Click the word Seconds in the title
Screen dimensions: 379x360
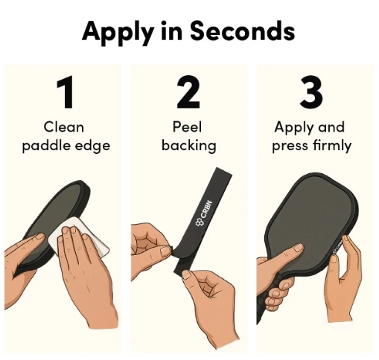pyautogui.click(x=243, y=30)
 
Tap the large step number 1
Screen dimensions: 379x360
pyautogui.click(x=65, y=92)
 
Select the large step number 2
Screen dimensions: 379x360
pyautogui.click(x=188, y=92)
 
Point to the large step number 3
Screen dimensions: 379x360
pyautogui.click(x=311, y=92)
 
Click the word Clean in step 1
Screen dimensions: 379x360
pyautogui.click(x=64, y=127)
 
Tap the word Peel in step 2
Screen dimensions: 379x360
pyautogui.click(x=187, y=127)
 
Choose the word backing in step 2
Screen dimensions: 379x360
pyautogui.click(x=189, y=145)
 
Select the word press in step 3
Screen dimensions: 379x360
pyautogui.click(x=290, y=147)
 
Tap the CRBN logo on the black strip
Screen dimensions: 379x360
pyautogui.click(x=204, y=213)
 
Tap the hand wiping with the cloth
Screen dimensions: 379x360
pyautogui.click(x=84, y=273)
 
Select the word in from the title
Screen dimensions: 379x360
pyautogui.click(x=171, y=30)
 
